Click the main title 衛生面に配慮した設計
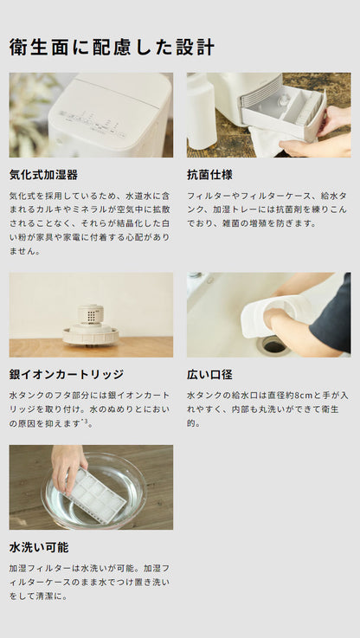[x=112, y=47]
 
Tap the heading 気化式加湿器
[x=43, y=174]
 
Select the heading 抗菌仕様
[x=211, y=174]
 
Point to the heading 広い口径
[x=209, y=375]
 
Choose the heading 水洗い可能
[x=38, y=547]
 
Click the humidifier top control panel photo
[x=91, y=115]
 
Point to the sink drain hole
[x=273, y=345]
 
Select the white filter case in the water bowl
[x=95, y=494]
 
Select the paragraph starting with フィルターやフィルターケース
[x=266, y=209]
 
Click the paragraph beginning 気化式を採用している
[x=89, y=222]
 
